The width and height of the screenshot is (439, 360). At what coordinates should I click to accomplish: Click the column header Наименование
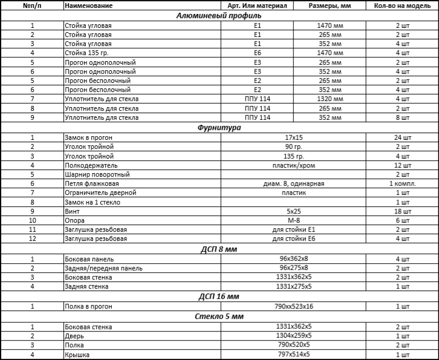[x=88, y=5]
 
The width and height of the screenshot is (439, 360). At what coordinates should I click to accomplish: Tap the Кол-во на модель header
[x=402, y=5]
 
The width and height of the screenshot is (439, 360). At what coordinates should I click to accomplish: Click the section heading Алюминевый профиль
[x=219, y=16]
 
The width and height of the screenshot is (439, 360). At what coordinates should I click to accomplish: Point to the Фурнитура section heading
[x=219, y=128]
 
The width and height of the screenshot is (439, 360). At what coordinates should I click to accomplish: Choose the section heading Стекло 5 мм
[x=219, y=316]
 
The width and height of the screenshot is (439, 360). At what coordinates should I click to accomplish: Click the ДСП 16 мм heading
[x=219, y=296]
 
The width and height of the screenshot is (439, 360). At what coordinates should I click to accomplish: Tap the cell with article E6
[x=258, y=53]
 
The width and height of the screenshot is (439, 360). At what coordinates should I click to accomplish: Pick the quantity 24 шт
[x=402, y=138]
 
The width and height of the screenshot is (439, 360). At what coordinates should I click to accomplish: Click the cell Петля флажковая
[x=92, y=183]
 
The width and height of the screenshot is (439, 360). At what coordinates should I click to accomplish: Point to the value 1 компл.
[x=402, y=183]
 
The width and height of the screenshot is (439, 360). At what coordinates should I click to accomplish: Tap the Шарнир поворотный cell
[x=97, y=174]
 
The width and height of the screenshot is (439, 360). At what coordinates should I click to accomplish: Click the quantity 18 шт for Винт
[x=402, y=211]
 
